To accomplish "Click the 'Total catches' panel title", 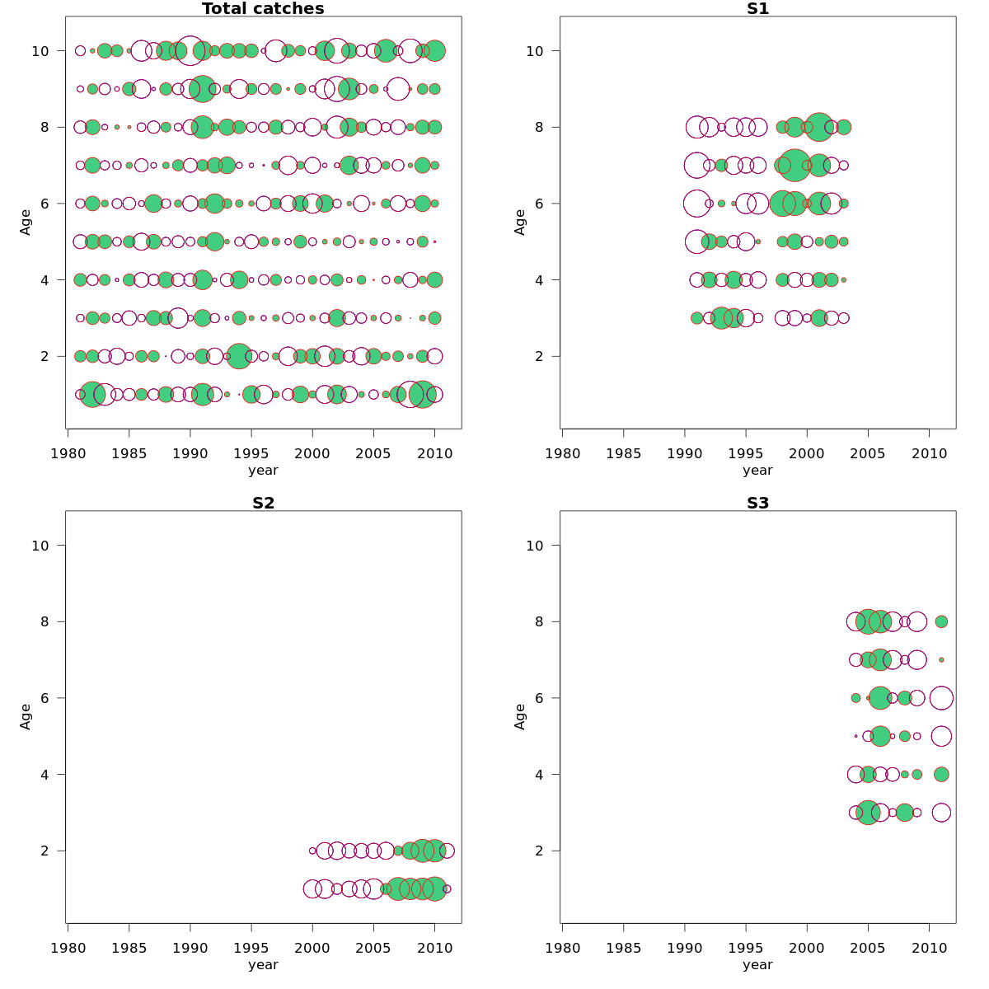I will coord(263,9).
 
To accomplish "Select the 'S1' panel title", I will coord(757,9).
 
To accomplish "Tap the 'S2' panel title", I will coord(263,504).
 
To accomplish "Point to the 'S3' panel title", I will coord(757,504).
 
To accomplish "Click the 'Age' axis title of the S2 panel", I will coord(26,716).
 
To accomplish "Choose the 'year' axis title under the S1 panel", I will coord(757,471).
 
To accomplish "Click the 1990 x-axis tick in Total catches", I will coord(190,453).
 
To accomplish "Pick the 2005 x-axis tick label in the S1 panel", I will coord(868,453).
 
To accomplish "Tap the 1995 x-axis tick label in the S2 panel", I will coord(251,948).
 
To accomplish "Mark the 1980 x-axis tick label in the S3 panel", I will coord(562,948).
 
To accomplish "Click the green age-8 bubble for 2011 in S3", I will coord(941,621).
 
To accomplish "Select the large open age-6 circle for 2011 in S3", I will coord(941,698).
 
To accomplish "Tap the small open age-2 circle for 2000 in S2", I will coord(312,851).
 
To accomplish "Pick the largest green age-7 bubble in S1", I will coord(794,165).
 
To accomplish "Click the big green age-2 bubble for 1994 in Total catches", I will coord(239,356).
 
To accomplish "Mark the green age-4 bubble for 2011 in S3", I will coord(941,774).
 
